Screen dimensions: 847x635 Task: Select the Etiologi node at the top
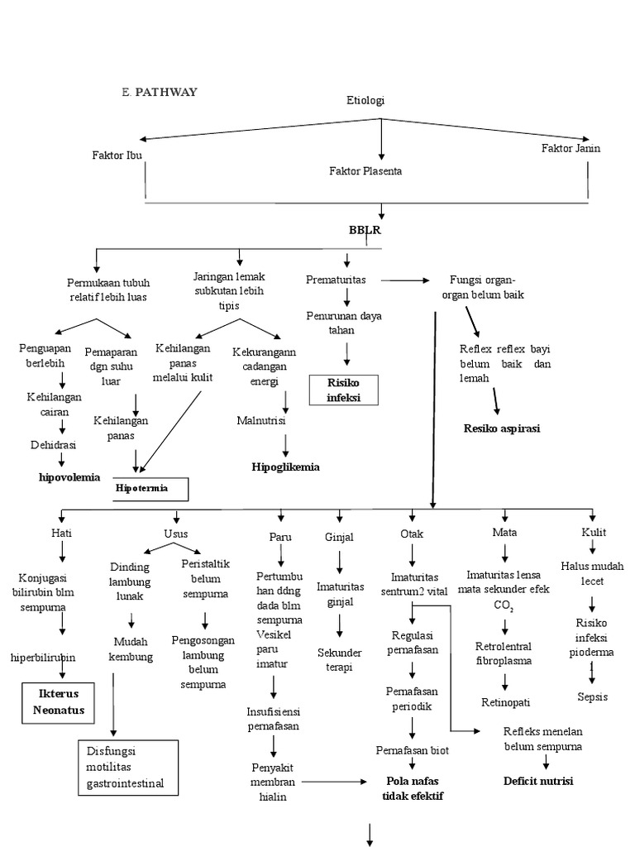365,100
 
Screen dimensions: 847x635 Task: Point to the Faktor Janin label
571,148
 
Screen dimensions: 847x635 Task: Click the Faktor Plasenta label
365,170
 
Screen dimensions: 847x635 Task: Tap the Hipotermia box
152,488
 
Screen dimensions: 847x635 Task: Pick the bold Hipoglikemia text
286,467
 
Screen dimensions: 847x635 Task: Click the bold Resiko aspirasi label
502,428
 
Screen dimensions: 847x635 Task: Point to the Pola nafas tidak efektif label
413,788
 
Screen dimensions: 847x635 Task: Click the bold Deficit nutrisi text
538,781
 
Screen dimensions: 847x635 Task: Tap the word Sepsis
592,696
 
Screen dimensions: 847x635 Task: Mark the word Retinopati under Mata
505,701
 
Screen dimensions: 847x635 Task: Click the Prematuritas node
336,280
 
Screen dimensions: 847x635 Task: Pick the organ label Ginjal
339,536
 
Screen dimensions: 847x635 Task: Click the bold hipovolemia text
69,476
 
